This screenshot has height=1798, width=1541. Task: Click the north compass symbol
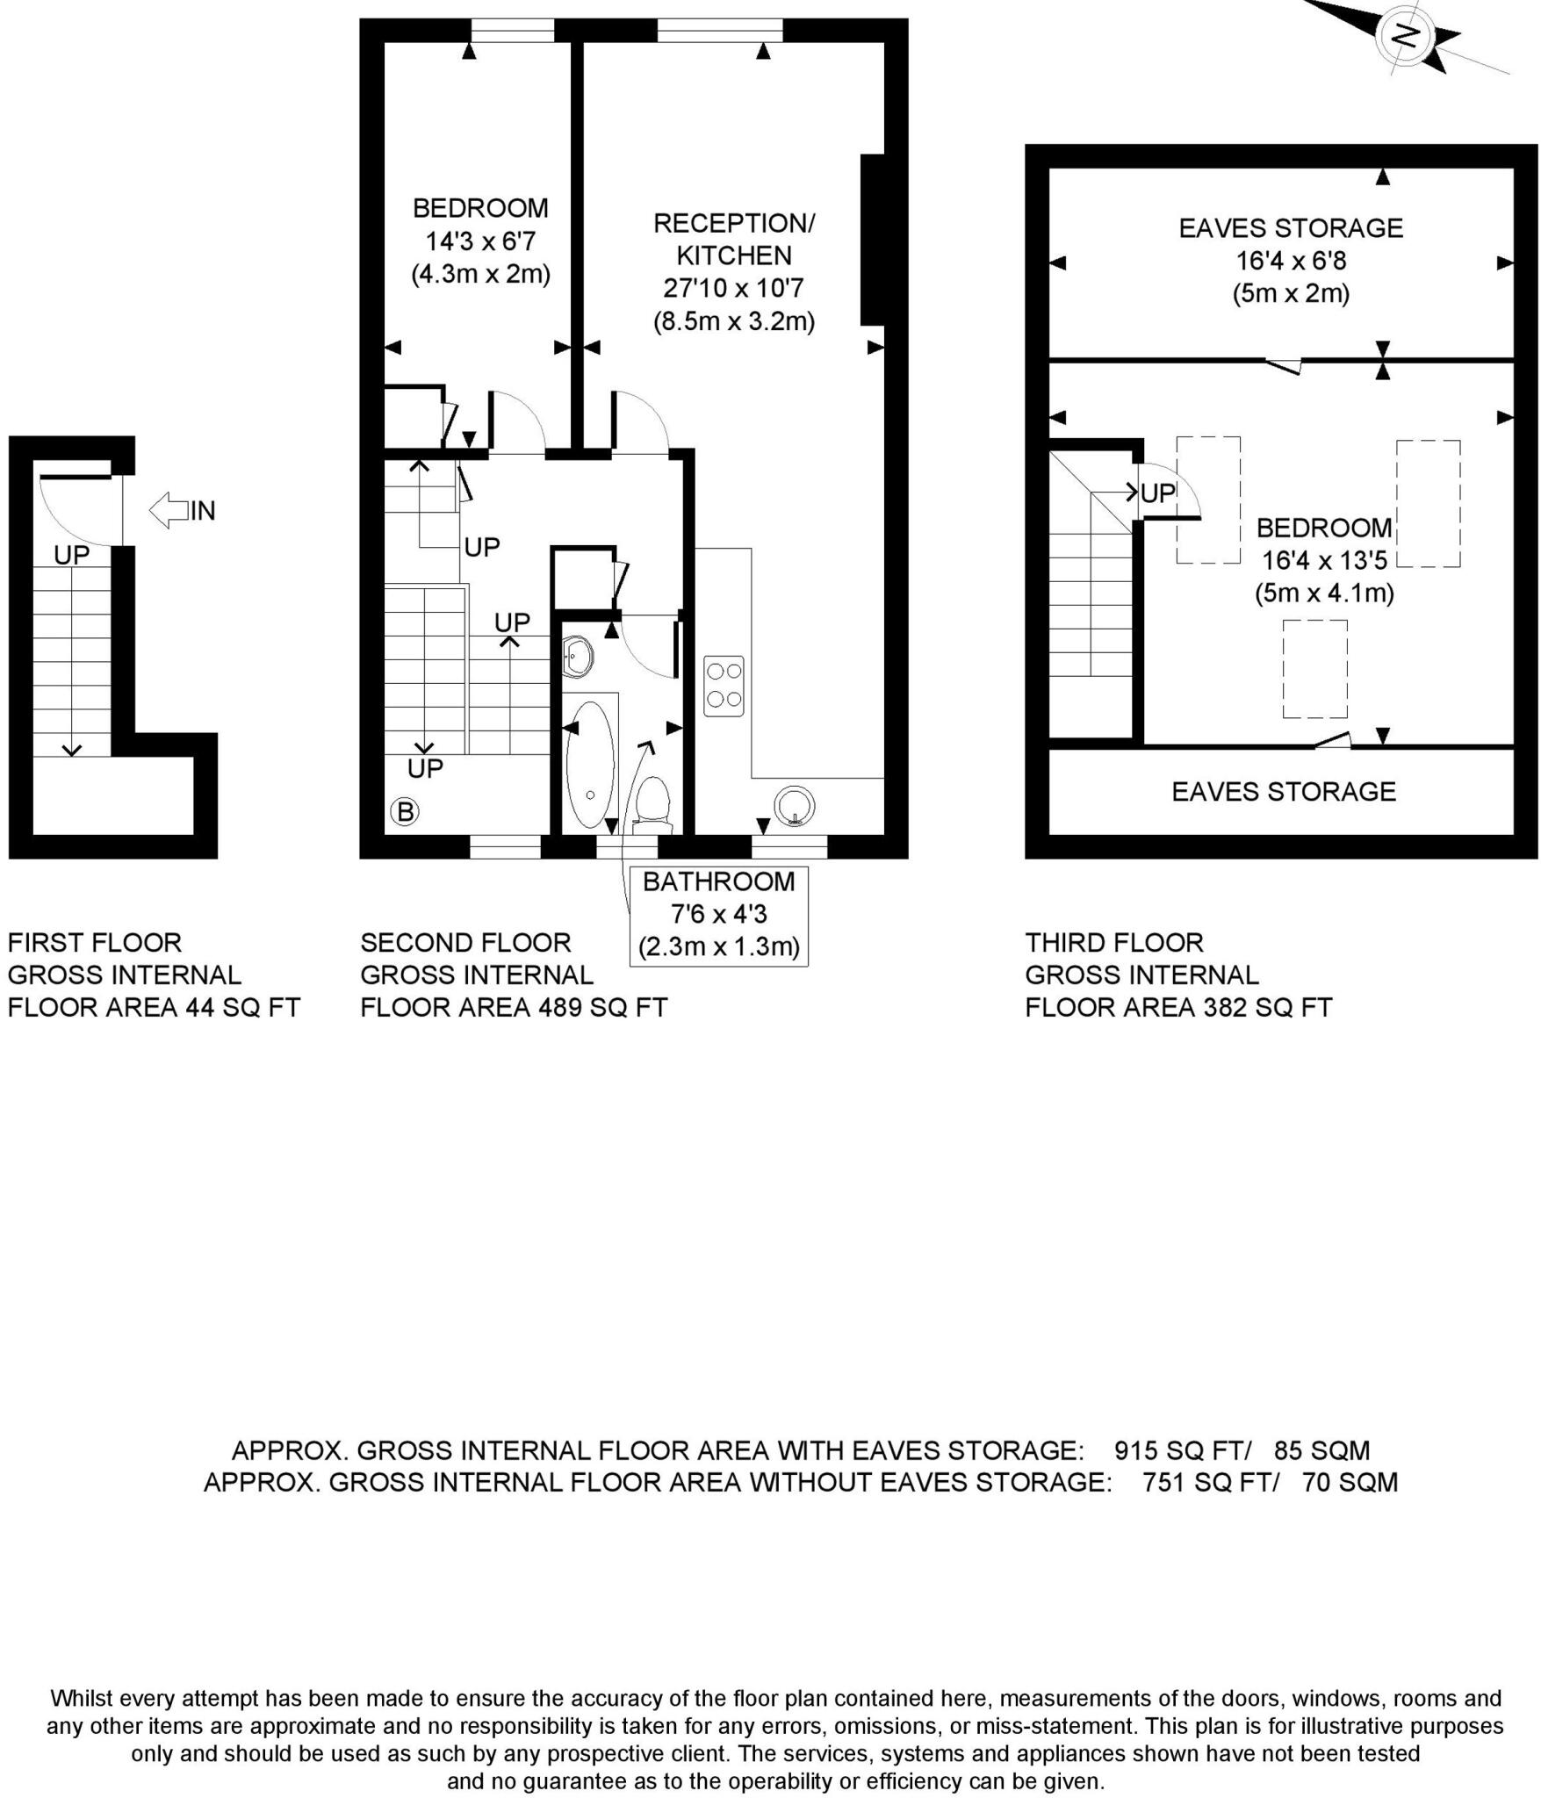coord(1406,36)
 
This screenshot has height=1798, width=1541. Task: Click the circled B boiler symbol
coord(405,811)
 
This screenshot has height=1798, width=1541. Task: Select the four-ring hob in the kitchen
coord(724,685)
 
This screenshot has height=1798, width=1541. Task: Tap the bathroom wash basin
coord(577,655)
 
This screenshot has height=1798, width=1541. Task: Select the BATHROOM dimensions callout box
coord(718,916)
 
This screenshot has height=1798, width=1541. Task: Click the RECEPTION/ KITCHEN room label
coord(734,239)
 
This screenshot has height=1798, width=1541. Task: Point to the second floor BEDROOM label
coord(480,208)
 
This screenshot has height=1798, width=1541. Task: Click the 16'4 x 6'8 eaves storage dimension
coord(1291,261)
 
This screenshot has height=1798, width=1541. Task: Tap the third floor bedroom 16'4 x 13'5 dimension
coord(1324,560)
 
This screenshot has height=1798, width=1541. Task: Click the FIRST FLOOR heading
coord(95,943)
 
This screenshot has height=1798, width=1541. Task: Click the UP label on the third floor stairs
coord(1157,493)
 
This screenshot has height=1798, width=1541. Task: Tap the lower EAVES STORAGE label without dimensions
coord(1283,791)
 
